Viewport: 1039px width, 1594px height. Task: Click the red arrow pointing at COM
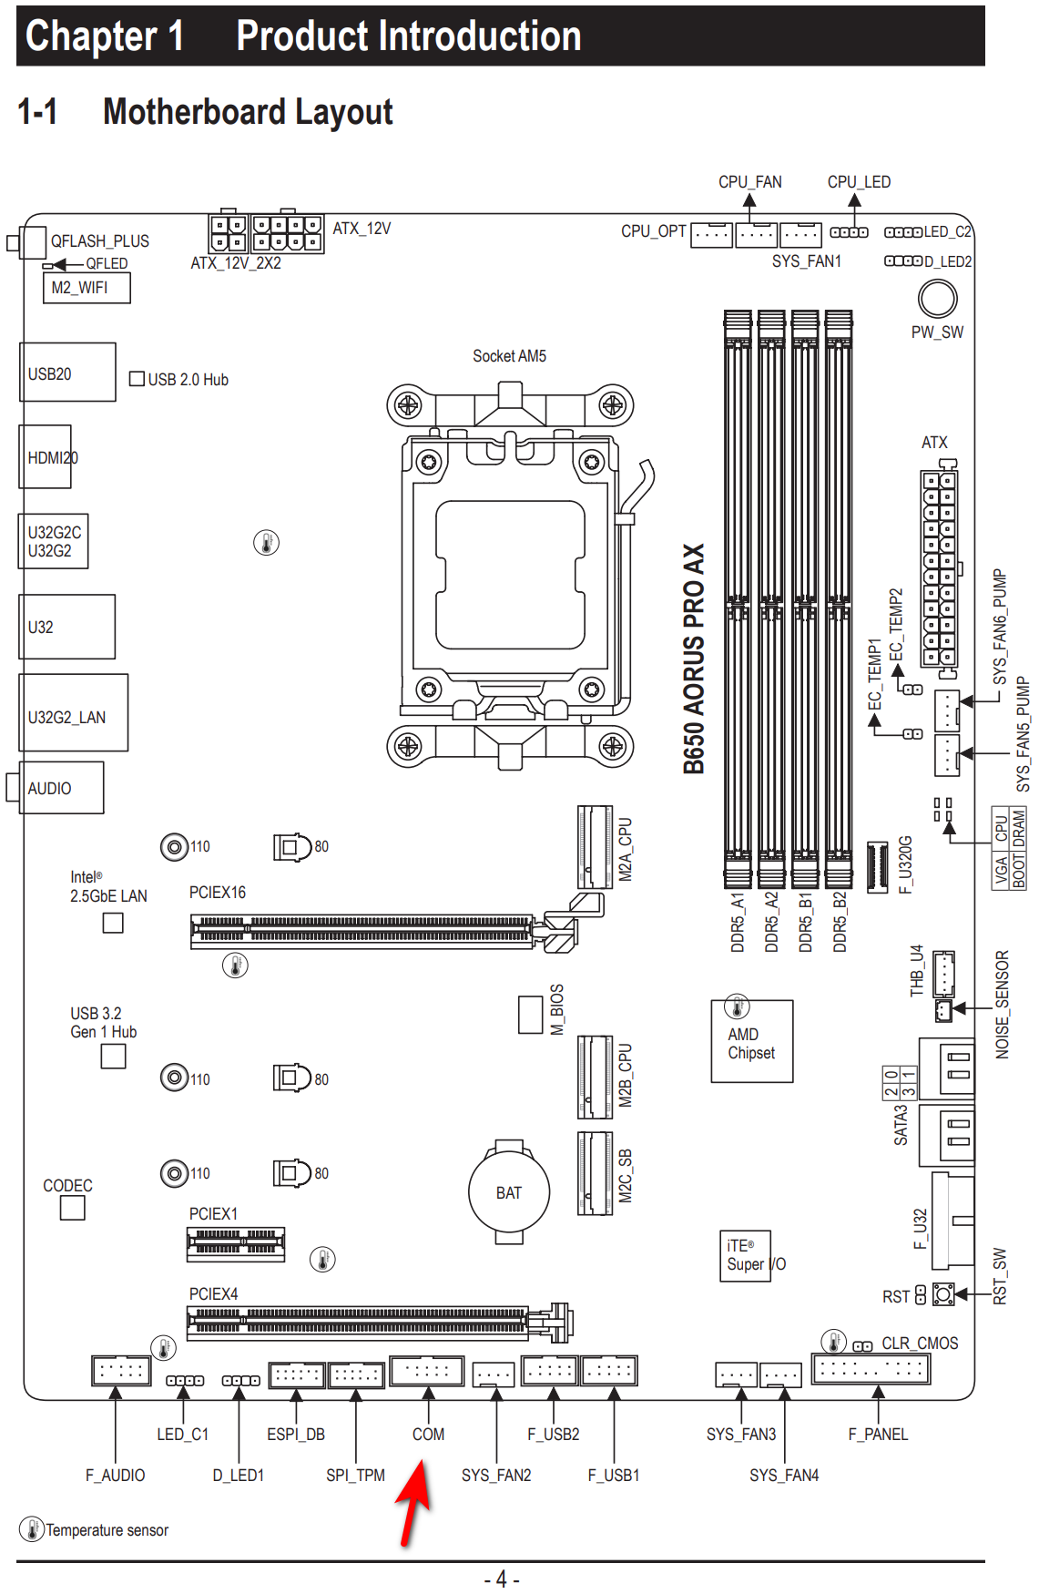(x=414, y=1502)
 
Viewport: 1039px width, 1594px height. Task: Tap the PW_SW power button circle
(x=937, y=298)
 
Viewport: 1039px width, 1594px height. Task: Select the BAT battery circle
(x=509, y=1192)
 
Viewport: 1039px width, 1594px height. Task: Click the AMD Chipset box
(x=751, y=1042)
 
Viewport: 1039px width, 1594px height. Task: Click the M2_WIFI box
(x=86, y=288)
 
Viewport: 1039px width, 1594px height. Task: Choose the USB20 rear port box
(x=67, y=373)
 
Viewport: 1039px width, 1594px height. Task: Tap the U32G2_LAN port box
(x=74, y=713)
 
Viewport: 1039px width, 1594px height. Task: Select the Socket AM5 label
(x=509, y=356)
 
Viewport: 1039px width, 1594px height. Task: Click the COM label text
(x=428, y=1435)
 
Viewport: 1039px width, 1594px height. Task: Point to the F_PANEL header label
(x=878, y=1435)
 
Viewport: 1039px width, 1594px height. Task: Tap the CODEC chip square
(x=72, y=1208)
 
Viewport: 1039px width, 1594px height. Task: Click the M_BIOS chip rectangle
(x=530, y=1015)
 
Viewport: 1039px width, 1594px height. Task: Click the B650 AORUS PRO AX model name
(x=694, y=659)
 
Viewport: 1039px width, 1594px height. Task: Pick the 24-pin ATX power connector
(x=938, y=569)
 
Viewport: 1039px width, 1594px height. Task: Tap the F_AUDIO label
(x=115, y=1476)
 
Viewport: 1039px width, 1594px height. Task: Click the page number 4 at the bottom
(x=502, y=1579)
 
